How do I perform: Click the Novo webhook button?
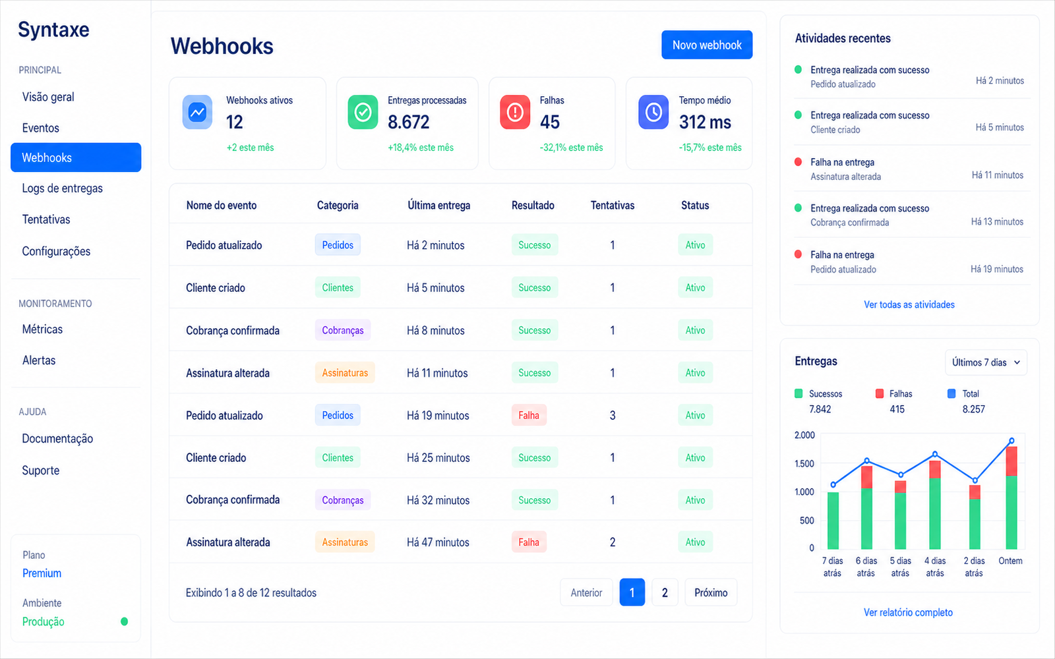(706, 45)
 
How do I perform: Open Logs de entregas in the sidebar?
(62, 188)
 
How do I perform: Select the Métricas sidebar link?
(42, 329)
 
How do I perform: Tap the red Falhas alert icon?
(515, 112)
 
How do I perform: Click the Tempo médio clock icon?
(653, 112)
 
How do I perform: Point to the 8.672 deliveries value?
(408, 123)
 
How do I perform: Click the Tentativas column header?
(613, 205)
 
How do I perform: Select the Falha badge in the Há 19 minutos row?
(529, 415)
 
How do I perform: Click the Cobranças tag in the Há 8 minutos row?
(342, 330)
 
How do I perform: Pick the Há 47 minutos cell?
(438, 542)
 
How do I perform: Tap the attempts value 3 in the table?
(613, 415)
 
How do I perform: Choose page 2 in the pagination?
(665, 592)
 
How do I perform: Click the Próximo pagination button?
(711, 592)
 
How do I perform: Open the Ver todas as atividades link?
(909, 304)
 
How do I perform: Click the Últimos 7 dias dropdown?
(986, 362)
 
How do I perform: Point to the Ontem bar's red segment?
(1011, 461)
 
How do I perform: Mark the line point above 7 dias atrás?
(833, 484)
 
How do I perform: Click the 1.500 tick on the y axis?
(804, 464)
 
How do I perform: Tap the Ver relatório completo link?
(908, 612)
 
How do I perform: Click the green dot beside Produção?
(125, 621)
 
